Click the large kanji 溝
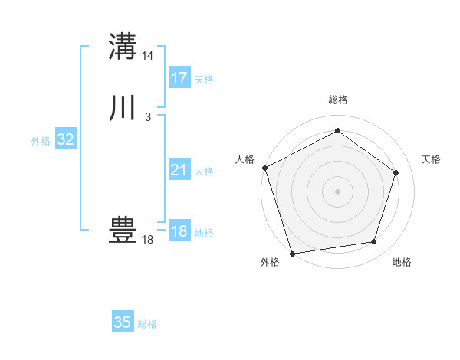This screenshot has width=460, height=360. (123, 46)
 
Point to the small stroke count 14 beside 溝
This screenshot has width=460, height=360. (148, 56)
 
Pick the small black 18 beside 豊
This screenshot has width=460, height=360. (147, 240)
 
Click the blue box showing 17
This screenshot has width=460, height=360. (179, 78)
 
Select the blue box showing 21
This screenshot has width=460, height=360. (179, 170)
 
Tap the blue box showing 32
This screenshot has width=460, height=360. (66, 139)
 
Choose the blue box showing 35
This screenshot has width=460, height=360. (123, 322)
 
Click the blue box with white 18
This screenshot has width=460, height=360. (179, 231)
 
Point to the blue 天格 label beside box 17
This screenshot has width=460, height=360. (204, 80)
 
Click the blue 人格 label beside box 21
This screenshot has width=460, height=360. (204, 172)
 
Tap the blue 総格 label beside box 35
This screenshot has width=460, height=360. (147, 324)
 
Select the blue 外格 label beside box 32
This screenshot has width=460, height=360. (41, 141)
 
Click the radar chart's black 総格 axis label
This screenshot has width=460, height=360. (337, 100)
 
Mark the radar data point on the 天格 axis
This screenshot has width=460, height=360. (396, 172)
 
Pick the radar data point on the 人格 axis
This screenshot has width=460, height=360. (264, 168)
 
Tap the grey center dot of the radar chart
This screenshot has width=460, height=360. (337, 191)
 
